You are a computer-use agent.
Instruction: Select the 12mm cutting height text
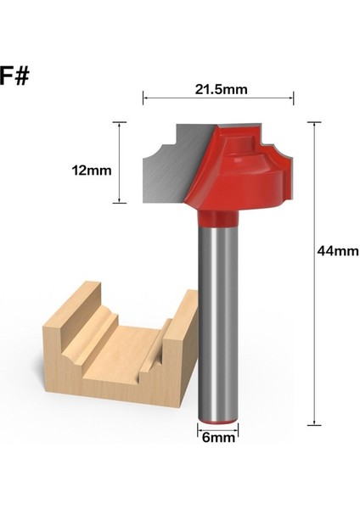point(93,170)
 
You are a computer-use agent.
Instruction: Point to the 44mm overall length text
point(337,251)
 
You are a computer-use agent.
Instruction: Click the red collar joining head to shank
point(218,219)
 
